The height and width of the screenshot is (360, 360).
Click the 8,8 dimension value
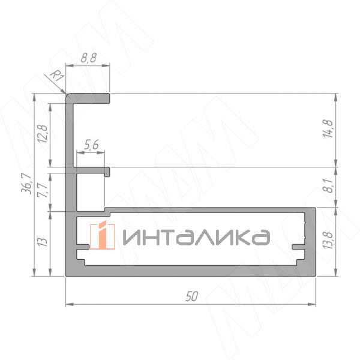(88, 59)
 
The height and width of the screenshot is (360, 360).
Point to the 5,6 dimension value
(92, 144)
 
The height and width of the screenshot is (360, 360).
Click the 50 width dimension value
(191, 295)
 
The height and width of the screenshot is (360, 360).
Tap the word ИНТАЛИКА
(195, 236)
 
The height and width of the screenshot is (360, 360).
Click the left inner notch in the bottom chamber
(83, 247)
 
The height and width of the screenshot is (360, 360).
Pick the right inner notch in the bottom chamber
(298, 247)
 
